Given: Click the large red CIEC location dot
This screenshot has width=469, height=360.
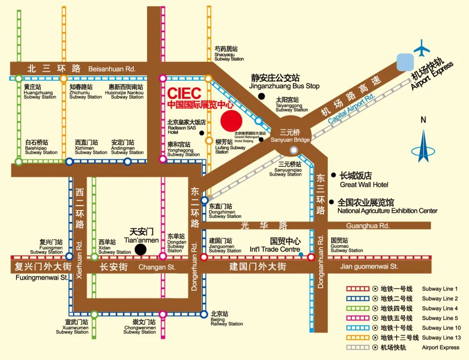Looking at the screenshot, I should point(231,120).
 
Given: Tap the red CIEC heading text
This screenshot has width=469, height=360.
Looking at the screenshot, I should point(185,93).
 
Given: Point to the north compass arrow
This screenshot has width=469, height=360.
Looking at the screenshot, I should point(423,145).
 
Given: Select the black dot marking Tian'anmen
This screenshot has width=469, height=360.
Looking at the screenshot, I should point(140,249).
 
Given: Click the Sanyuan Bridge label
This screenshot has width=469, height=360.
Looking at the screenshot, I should point(290,135).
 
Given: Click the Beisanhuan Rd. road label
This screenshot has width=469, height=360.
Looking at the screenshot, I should point(112,69).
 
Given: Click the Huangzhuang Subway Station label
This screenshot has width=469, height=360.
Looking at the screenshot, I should point(40,92).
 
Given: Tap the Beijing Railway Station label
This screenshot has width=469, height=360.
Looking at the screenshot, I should point(226,319).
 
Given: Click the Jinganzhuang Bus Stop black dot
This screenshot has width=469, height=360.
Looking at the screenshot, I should point(261,96).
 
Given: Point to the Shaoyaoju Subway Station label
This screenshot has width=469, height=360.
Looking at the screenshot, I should point(229,54).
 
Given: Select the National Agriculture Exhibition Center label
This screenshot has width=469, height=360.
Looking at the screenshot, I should point(387,207).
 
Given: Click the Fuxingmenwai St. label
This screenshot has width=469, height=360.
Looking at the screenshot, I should point(42,277).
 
